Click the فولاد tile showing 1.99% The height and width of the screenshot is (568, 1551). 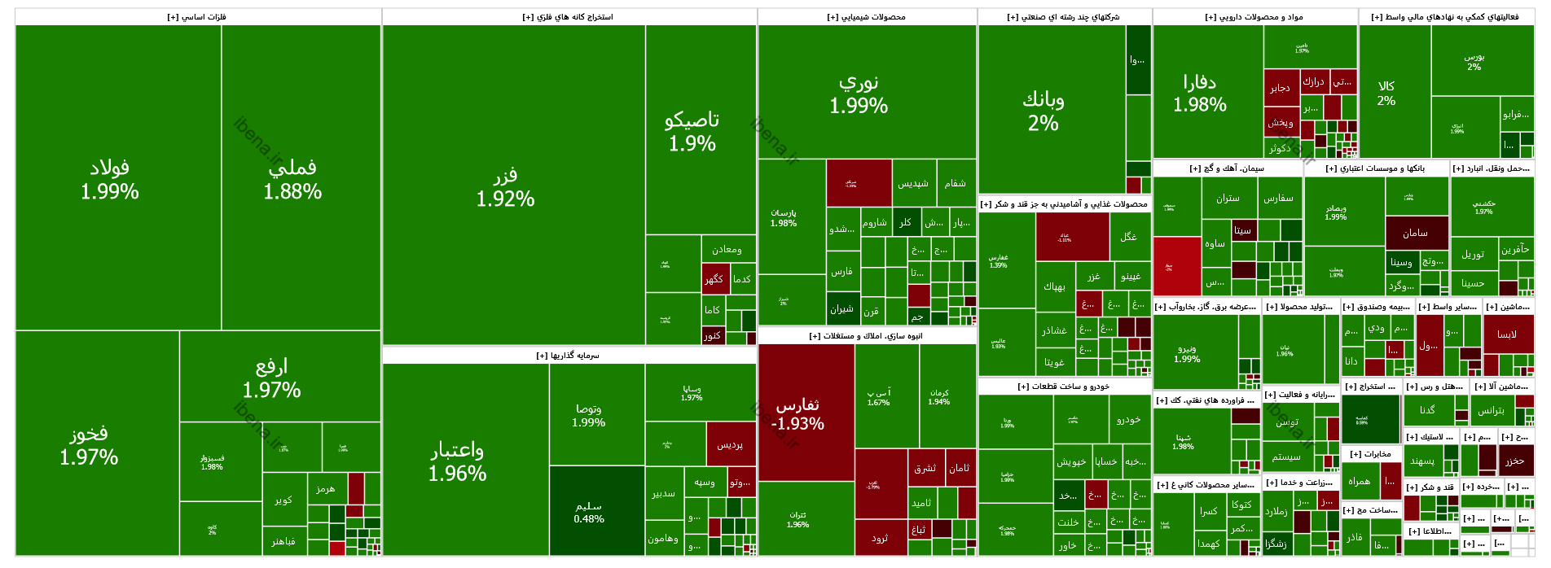110,179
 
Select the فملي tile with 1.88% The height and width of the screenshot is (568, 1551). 292,179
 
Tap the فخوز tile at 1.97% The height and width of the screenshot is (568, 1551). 89,445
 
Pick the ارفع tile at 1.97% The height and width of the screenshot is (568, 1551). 271,378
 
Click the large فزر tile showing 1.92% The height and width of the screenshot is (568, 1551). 506,187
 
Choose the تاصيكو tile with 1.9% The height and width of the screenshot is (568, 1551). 692,132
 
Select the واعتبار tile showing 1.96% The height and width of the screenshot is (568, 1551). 458,461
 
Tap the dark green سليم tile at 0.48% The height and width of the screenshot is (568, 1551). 589,512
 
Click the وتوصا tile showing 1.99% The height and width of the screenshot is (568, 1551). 589,415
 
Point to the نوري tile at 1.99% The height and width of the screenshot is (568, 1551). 859,94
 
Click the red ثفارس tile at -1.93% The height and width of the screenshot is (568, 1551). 798,413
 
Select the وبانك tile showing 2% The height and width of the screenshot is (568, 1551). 1044,111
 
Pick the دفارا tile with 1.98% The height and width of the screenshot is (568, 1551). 1200,93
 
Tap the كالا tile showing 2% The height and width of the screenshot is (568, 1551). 1386,93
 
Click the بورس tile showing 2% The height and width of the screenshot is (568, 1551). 1474,62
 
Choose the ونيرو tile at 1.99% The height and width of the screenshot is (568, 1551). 1188,354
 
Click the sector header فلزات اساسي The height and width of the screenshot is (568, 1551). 198,17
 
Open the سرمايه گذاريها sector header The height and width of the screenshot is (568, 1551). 569,356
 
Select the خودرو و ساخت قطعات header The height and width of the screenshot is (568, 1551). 1064,387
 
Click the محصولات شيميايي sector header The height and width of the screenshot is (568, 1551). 866,17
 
